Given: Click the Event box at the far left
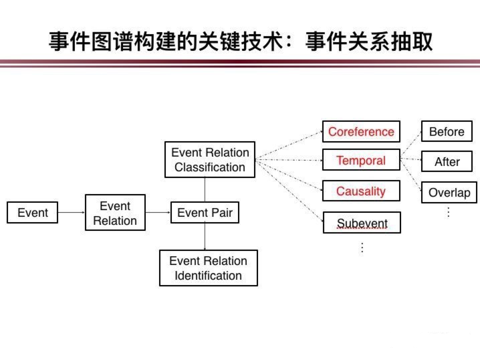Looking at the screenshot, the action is [32, 212].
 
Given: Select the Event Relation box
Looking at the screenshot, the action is [115, 212].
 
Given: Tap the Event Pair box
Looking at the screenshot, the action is [205, 212].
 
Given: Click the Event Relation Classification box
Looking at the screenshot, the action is [210, 159].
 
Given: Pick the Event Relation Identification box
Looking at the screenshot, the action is [209, 268].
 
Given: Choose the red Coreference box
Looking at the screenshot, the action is [361, 131].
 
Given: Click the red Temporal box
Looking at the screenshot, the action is [361, 160].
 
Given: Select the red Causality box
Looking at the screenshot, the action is [361, 191].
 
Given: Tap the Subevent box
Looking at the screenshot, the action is [362, 222].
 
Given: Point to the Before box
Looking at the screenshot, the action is [447, 131].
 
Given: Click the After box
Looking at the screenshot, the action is [447, 161].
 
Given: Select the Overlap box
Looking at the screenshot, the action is [449, 193].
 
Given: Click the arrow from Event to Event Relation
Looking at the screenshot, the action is [72, 212].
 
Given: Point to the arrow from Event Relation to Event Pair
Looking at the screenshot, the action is [158, 212].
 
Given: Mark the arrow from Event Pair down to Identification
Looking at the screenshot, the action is [205, 236].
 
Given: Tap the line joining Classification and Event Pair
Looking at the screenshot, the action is [205, 189].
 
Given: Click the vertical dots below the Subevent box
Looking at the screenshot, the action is [362, 248].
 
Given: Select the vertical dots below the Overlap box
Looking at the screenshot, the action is [449, 212].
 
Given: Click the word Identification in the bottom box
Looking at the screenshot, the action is [208, 276].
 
